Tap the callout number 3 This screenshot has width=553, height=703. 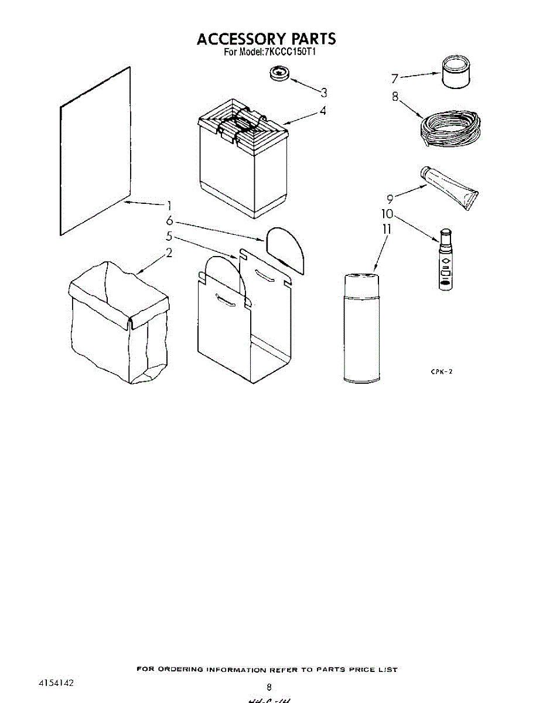(x=323, y=92)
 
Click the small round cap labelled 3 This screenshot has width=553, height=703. (x=280, y=74)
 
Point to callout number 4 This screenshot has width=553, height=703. (x=323, y=110)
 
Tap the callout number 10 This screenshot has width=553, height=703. (x=388, y=214)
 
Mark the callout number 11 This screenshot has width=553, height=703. (x=386, y=229)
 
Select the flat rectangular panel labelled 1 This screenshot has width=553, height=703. (x=95, y=151)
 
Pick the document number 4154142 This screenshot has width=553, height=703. (x=56, y=683)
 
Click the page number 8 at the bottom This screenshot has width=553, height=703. (x=269, y=687)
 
